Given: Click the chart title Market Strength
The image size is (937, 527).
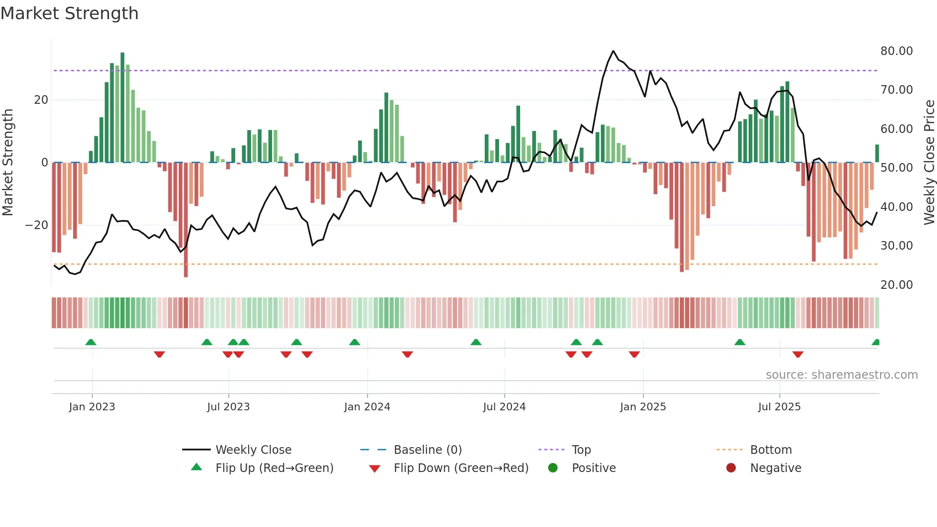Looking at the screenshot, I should [69, 13].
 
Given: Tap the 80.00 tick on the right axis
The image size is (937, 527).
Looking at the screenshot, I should [896, 51].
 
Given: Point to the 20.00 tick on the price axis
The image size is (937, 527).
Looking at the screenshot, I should [896, 285].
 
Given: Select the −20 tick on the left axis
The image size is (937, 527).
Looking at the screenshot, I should [37, 225].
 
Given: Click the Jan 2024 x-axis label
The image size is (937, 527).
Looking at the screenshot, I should [367, 407].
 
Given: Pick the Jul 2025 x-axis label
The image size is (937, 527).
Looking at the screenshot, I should [779, 407].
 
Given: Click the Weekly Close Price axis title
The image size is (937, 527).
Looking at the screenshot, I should [929, 163].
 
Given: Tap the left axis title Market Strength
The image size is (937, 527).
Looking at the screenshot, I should [8, 163].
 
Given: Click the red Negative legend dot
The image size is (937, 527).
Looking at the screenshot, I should [730, 468].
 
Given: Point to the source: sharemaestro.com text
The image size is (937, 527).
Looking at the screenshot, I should [841, 375].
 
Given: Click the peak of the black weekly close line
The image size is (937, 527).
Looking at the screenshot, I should [613, 51].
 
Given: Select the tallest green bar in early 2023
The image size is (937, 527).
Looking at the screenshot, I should [122, 108].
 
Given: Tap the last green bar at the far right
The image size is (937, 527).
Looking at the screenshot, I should [877, 154].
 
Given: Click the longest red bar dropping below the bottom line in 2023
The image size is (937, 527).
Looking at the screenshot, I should [185, 220].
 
